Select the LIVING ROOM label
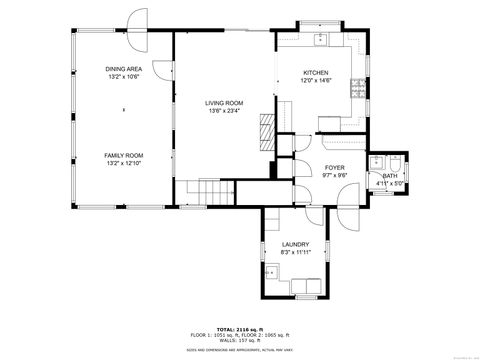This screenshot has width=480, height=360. [225, 103]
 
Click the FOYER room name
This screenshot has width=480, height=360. [334, 168]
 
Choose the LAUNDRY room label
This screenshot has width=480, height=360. [294, 244]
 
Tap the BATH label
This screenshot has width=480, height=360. [388, 176]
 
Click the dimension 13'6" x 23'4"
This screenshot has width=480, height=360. [225, 111]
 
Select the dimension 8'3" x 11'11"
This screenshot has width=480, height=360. [294, 252]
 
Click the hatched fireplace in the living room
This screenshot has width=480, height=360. [265, 130]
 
